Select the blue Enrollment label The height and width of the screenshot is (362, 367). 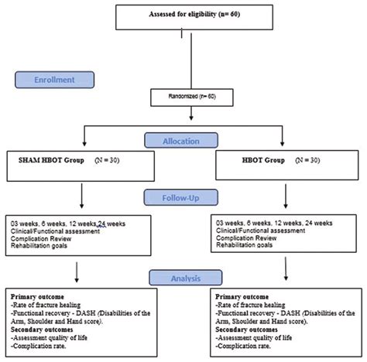[50, 80]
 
